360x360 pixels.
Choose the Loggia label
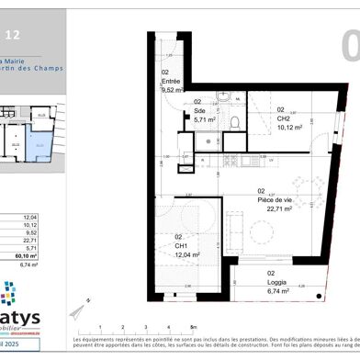273,279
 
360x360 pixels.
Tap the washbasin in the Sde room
223,98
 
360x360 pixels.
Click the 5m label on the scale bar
192,326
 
